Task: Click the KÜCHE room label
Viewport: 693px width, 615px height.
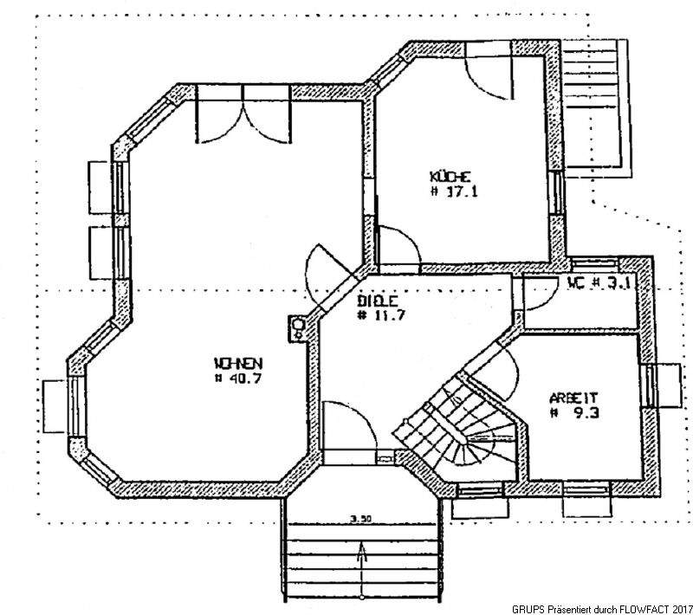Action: click(x=448, y=178)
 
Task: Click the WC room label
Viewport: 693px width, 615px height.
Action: click(x=579, y=283)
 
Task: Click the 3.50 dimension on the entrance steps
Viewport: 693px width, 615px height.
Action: click(x=361, y=519)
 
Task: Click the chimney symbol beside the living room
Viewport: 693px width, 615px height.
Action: click(x=298, y=327)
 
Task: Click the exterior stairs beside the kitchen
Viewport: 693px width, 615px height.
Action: click(x=598, y=104)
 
